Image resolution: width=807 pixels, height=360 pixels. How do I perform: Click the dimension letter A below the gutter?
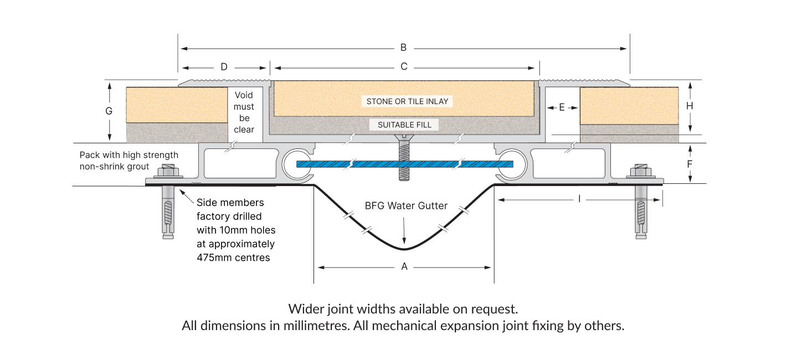pos(404,266)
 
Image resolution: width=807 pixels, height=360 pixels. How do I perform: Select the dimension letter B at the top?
pos(403,48)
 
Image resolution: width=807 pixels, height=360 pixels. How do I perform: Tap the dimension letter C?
pos(404,66)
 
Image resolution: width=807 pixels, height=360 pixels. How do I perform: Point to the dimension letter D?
pos(224,67)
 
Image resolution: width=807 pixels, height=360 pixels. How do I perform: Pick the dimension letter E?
pos(562,107)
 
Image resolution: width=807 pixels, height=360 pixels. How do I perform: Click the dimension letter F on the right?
pos(690,164)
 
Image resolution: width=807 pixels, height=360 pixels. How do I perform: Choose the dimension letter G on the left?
pos(109,111)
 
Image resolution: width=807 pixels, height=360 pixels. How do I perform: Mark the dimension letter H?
pos(690,106)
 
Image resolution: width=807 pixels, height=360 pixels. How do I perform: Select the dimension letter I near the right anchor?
pos(579,199)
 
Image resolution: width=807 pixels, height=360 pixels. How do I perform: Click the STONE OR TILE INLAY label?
pos(407,101)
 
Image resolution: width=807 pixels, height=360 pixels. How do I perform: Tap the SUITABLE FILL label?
pos(404,125)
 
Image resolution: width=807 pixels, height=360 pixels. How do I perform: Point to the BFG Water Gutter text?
pos(406,206)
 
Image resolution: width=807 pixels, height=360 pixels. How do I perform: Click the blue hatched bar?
pos(404,164)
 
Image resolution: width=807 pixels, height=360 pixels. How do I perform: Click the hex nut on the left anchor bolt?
pos(168,172)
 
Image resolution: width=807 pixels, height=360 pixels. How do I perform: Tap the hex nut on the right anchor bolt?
pos(640,172)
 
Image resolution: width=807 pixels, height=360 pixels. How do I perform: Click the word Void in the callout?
pos(244,95)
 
